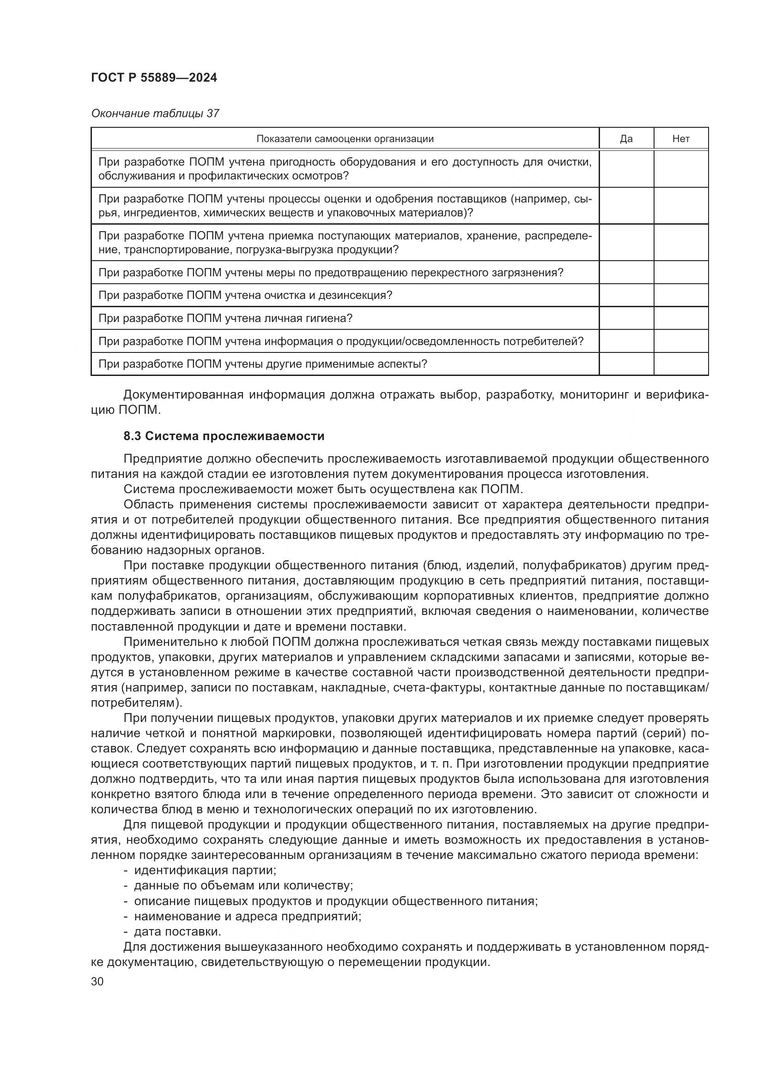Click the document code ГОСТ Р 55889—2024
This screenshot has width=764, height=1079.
(154, 78)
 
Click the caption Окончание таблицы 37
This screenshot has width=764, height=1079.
(155, 114)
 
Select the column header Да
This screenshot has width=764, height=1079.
(626, 139)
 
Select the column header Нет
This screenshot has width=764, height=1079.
(681, 139)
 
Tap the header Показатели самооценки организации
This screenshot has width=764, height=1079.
(345, 139)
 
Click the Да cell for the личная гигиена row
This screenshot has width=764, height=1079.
(626, 318)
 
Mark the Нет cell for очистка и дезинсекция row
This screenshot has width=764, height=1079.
(681, 295)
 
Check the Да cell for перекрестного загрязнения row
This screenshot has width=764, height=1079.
(626, 273)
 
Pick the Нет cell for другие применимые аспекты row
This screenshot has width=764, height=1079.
(681, 364)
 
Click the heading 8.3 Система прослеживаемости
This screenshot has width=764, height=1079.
(224, 436)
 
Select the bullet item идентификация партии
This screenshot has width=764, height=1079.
(205, 870)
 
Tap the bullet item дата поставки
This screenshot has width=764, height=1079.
(177, 931)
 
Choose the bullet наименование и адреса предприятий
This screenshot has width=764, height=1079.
(248, 916)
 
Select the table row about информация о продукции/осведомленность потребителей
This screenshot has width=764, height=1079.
(340, 341)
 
